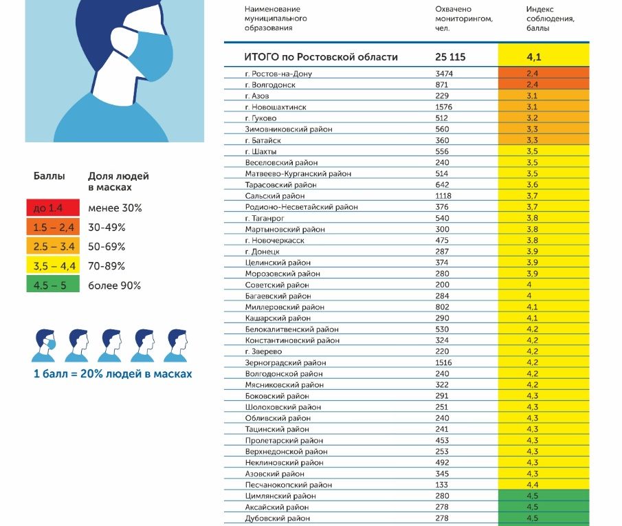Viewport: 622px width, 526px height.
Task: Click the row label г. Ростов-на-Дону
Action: pos(278,74)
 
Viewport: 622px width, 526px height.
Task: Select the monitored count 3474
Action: pos(445,74)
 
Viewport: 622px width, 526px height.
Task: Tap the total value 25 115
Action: pos(450,57)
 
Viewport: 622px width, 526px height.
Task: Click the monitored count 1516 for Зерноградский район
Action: pos(445,362)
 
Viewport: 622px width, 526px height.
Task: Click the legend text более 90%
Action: pos(114,285)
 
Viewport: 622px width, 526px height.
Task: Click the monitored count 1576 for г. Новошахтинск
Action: pos(445,107)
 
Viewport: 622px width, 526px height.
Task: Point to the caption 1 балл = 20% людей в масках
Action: pos(113,375)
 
